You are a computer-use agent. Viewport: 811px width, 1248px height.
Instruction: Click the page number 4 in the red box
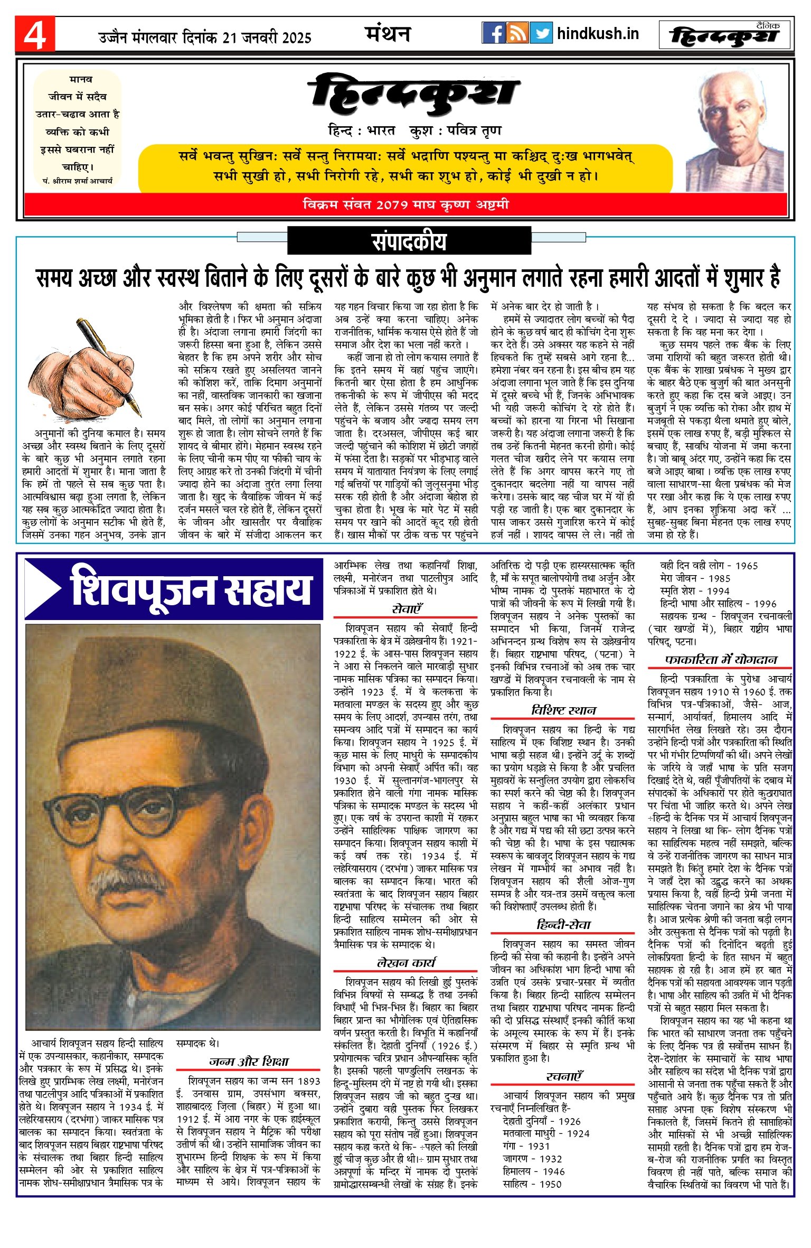[35, 35]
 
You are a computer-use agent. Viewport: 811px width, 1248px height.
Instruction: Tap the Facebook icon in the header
[494, 33]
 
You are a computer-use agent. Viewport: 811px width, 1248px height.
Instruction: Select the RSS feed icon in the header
[517, 33]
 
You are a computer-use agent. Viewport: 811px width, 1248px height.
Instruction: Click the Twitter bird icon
[541, 33]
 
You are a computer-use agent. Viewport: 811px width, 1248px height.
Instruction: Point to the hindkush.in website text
[598, 34]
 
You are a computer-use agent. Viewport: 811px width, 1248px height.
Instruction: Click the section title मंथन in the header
[388, 34]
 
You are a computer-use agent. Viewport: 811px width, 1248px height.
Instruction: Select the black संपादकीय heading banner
[409, 241]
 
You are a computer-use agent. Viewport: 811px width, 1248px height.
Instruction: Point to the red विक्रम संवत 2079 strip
[405, 204]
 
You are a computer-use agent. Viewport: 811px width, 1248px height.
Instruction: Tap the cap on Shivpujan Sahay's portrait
[164, 687]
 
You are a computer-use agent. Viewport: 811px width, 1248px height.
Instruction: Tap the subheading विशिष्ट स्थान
[563, 710]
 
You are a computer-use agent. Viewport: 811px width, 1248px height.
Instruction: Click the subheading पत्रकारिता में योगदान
[721, 660]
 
